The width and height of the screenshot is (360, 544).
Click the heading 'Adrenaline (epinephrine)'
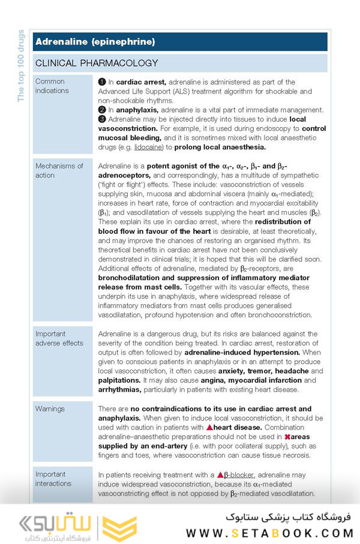(x=95, y=41)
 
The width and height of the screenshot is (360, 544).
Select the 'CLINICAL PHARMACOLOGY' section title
(x=97, y=63)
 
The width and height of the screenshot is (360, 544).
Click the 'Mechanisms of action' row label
(x=59, y=170)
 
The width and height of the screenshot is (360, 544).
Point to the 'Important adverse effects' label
(x=59, y=338)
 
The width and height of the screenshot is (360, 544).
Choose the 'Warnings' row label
(x=50, y=408)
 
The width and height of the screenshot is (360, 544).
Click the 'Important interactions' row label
(x=53, y=479)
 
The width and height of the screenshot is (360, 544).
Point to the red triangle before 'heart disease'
(x=209, y=428)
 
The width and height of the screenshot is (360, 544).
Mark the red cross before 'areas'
(x=287, y=437)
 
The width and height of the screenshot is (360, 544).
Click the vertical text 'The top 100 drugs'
(x=21, y=66)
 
